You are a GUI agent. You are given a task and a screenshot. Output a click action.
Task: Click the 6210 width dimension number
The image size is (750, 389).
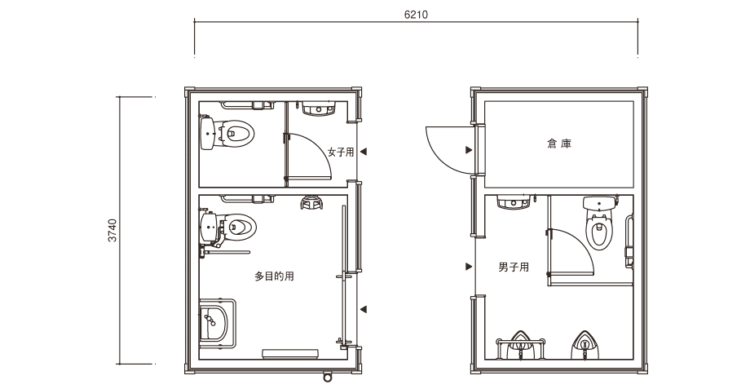416,15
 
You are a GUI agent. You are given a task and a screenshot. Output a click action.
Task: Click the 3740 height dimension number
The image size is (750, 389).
112,230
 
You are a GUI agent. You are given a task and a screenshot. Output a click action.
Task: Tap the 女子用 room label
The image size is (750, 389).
341,153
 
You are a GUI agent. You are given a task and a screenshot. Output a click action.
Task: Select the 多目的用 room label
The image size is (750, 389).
274,276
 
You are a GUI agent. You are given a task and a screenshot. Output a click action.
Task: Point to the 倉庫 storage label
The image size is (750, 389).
559,143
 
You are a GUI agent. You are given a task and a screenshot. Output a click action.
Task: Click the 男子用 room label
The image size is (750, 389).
514,267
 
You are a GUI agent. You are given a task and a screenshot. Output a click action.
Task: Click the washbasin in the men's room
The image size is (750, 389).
514,203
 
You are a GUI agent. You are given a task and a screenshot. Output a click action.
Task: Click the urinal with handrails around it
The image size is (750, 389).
520,345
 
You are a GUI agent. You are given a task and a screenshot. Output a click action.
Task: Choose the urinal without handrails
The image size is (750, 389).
584,345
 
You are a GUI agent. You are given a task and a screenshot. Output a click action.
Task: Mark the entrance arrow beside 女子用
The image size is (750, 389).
364,152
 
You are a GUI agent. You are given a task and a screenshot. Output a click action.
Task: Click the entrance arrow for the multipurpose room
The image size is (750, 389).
364,310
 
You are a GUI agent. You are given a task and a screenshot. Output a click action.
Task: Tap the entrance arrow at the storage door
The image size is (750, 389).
469,150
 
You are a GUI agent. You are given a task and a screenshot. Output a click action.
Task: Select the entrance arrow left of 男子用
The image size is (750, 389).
469,267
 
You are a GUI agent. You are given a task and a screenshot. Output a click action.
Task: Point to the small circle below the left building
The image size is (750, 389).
327,378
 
